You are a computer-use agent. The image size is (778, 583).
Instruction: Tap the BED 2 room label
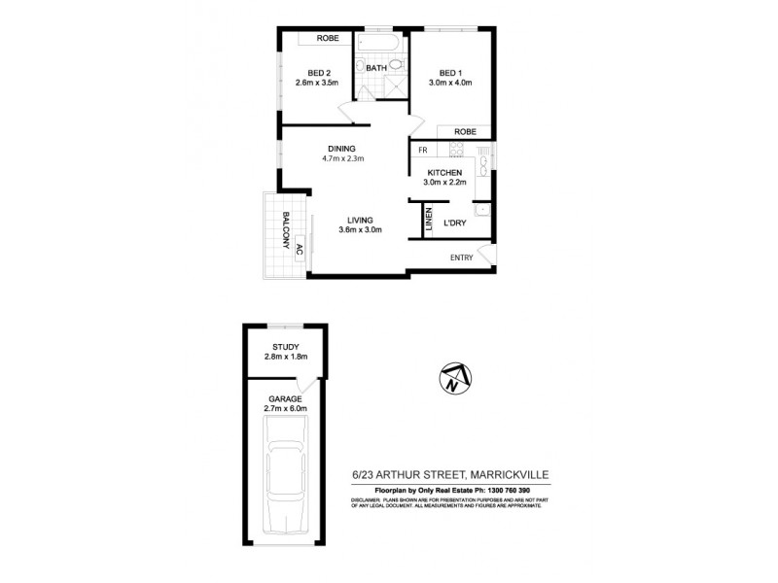(321, 73)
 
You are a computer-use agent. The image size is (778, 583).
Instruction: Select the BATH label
(376, 68)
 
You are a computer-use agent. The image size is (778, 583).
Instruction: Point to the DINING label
(341, 149)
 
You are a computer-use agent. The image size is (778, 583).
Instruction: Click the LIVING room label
(361, 221)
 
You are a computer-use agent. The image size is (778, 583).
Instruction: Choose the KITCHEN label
(444, 173)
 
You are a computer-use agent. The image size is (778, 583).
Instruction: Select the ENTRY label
(462, 257)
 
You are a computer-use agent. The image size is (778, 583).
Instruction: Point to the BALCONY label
(288, 230)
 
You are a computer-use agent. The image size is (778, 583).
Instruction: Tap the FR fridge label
(423, 151)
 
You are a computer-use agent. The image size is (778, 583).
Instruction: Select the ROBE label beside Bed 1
(463, 131)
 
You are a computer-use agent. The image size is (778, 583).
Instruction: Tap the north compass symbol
(453, 377)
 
